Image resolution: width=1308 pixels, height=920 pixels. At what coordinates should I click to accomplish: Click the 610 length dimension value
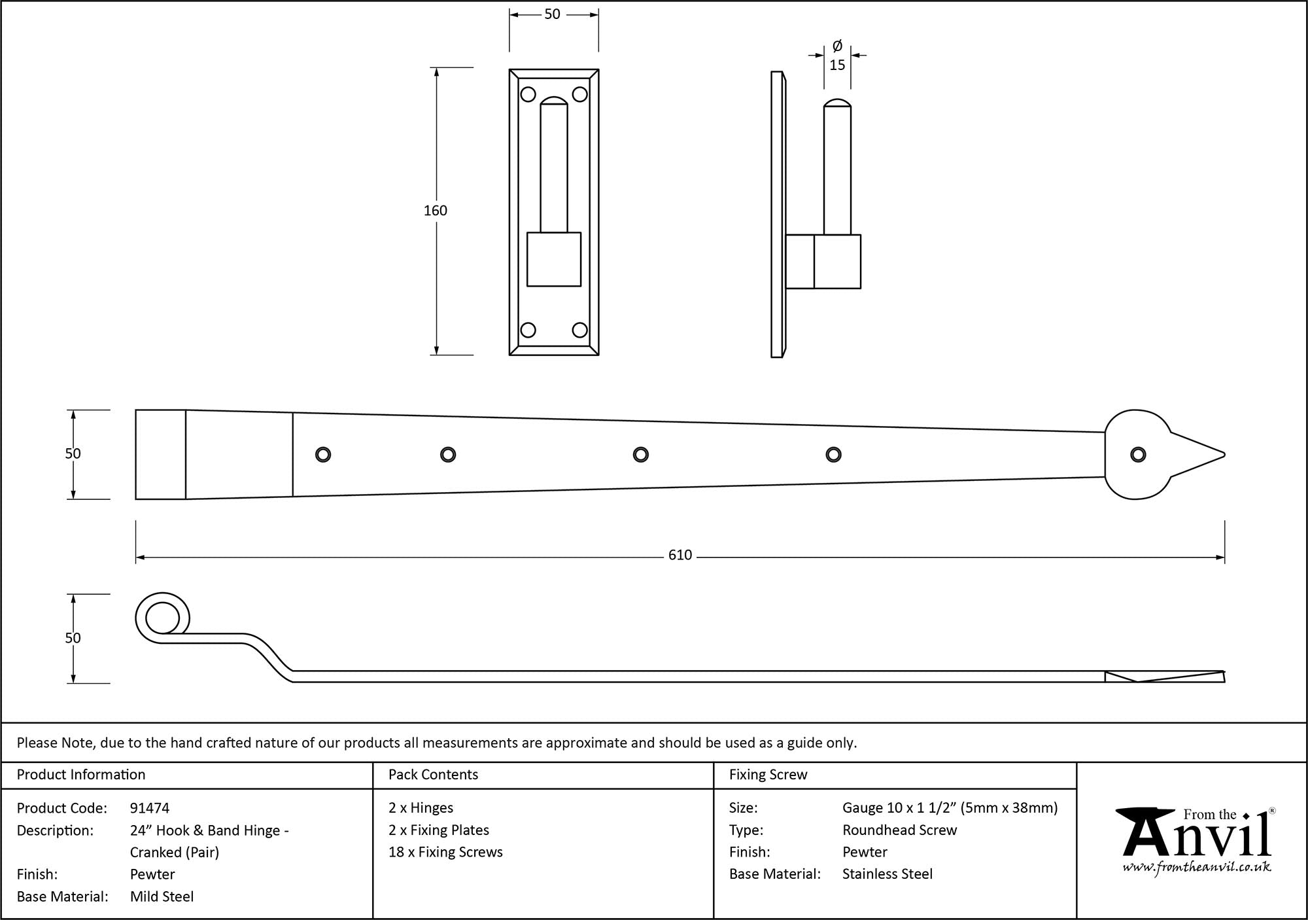pyautogui.click(x=680, y=556)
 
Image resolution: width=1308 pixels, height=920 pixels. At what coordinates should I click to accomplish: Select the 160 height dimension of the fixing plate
pyautogui.click(x=436, y=211)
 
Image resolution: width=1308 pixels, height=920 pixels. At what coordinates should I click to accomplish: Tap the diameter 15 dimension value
pyautogui.click(x=837, y=65)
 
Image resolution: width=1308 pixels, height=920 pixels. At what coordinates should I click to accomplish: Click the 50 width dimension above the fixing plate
pyautogui.click(x=552, y=14)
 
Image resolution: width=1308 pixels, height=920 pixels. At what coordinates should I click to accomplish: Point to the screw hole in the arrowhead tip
pyautogui.click(x=1138, y=455)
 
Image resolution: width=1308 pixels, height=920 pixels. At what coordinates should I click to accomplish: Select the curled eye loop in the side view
pyautogui.click(x=161, y=618)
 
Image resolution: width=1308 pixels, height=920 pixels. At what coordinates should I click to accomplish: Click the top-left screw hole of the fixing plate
pyautogui.click(x=528, y=95)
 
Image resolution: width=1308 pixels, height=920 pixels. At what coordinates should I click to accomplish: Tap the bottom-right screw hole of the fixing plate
pyautogui.click(x=580, y=330)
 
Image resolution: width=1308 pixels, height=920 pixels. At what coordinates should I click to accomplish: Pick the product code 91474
pyautogui.click(x=150, y=808)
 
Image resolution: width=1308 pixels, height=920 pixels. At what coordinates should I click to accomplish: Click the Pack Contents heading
pyautogui.click(x=433, y=775)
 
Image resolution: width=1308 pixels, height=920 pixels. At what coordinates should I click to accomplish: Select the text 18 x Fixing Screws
pyautogui.click(x=445, y=852)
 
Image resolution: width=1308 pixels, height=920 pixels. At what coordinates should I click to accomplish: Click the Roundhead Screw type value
pyautogui.click(x=899, y=830)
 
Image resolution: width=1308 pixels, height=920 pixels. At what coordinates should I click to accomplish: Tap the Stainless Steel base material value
pyautogui.click(x=887, y=874)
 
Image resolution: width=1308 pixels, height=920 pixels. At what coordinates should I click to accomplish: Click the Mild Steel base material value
pyautogui.click(x=162, y=896)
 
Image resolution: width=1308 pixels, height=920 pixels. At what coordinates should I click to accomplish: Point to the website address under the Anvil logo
pyautogui.click(x=1197, y=868)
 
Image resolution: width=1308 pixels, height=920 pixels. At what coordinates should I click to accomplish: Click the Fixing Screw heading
pyautogui.click(x=768, y=775)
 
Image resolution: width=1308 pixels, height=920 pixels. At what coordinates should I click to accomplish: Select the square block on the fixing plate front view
pyautogui.click(x=554, y=259)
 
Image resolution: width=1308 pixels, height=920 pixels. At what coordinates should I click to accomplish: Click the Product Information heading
pyautogui.click(x=81, y=775)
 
